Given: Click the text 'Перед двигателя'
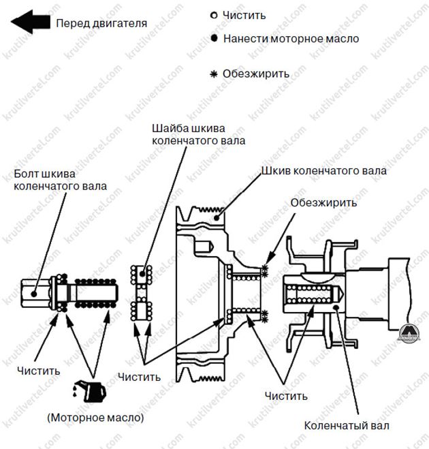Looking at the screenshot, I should pos(101,22).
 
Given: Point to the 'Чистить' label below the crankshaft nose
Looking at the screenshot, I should pos(286,395).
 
